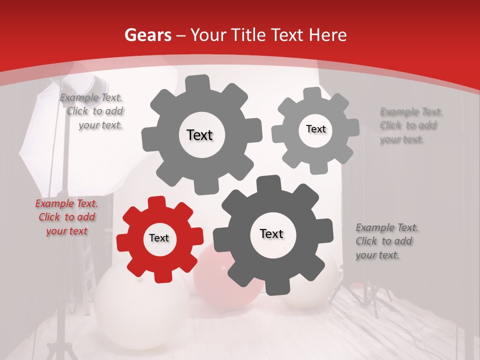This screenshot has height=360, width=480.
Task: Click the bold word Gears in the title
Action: pos(147,35)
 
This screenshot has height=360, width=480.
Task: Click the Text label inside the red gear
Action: pos(159,238)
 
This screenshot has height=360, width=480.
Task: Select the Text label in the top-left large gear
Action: pos(199,135)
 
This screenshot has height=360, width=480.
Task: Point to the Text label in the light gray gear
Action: pos(315,129)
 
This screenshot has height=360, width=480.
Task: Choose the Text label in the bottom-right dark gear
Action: pos(271,234)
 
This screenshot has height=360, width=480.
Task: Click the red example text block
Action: pos(66,217)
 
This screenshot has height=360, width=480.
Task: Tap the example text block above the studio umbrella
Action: pos(92,111)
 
